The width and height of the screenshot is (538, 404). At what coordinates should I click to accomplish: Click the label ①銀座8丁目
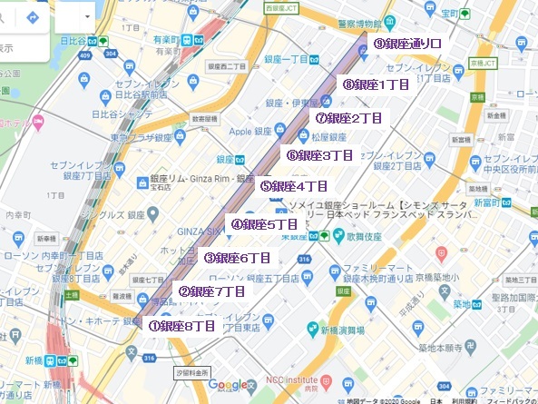click(181, 325)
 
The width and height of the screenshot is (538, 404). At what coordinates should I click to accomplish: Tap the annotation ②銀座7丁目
click(211, 291)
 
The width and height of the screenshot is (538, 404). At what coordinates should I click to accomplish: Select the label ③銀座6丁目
click(237, 258)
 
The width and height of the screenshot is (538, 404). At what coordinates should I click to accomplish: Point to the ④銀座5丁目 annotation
click(264, 224)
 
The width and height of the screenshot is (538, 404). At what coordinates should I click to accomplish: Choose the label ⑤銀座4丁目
click(293, 186)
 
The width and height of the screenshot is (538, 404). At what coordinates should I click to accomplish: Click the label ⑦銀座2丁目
click(348, 118)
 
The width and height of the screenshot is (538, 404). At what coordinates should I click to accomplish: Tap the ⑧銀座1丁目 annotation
click(377, 84)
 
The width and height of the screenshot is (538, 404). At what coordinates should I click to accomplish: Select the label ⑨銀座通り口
click(408, 43)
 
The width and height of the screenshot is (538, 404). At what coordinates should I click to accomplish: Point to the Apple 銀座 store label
click(251, 132)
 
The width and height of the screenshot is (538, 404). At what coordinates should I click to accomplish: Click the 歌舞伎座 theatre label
click(355, 235)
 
